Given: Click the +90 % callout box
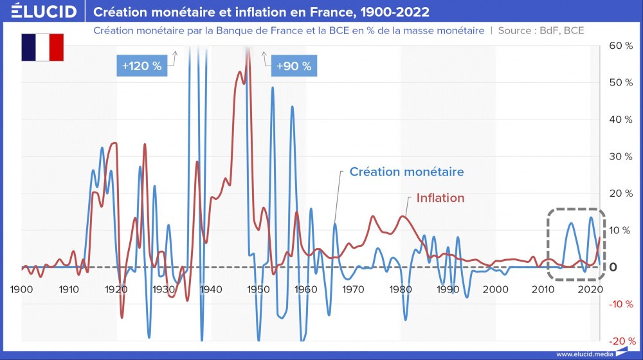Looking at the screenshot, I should coord(293,66).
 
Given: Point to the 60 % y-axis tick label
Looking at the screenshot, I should coord(621,46).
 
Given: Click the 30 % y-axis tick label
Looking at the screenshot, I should coord(621,156).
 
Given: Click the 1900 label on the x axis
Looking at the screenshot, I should coord(22,289).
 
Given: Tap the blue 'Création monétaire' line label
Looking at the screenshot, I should coord(406,172).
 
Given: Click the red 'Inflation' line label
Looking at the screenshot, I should coord(440,198).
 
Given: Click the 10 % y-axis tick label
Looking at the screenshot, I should coord(621,230).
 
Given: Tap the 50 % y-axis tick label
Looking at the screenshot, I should coord(621,82).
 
